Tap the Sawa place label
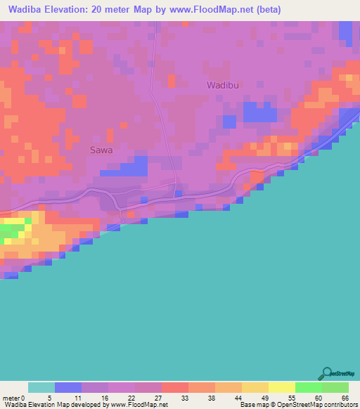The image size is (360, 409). pos(101,150)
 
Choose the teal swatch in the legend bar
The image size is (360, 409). pos(41,387)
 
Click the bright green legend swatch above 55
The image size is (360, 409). pos(308,387)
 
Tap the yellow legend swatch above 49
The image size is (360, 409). pos(255,387)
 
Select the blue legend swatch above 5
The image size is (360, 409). pos(67,387)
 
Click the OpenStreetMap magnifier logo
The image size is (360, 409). pos(326,372)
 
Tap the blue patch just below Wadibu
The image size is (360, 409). pos(258,112)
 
